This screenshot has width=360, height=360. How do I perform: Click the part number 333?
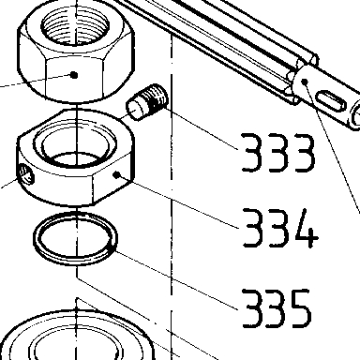tap(278, 153)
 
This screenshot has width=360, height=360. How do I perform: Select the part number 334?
tap(280, 228)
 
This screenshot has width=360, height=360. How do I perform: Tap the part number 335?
tap(277, 308)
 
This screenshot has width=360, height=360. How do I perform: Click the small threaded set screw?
tap(147, 101)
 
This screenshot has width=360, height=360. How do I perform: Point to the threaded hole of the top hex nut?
tap(75, 23)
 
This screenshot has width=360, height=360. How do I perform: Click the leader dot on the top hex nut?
tap(74, 75)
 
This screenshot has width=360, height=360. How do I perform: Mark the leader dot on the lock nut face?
tap(117, 175)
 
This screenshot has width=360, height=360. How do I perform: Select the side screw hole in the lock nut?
tap(26, 174)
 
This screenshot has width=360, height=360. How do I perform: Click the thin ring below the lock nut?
tap(75, 238)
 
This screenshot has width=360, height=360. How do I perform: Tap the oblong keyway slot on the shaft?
tap(332, 100)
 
